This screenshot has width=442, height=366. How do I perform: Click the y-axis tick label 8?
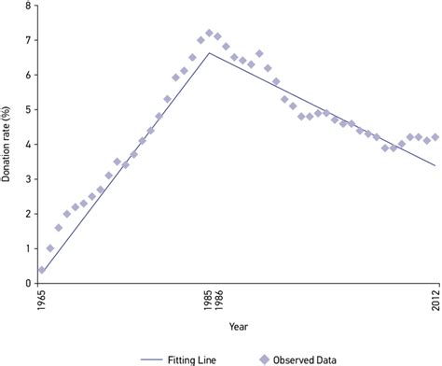click(x=27, y=6)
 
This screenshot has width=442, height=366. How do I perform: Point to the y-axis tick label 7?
click(x=27, y=40)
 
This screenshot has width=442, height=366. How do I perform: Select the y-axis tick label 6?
click(x=27, y=75)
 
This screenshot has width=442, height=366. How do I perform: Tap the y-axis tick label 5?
click(x=27, y=109)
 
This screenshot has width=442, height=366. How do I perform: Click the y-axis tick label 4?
click(x=27, y=144)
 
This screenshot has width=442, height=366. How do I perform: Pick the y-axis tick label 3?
click(x=27, y=179)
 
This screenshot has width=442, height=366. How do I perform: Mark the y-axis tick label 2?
click(x=27, y=214)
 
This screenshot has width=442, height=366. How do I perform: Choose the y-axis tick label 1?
click(x=27, y=248)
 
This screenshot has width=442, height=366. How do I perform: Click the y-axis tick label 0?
click(x=27, y=283)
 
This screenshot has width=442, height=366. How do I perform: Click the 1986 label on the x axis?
click(x=218, y=303)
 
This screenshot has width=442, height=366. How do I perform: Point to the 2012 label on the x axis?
click(x=435, y=303)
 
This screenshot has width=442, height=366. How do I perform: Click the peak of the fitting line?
click(x=210, y=53)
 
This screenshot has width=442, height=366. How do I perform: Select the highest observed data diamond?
click(x=210, y=34)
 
